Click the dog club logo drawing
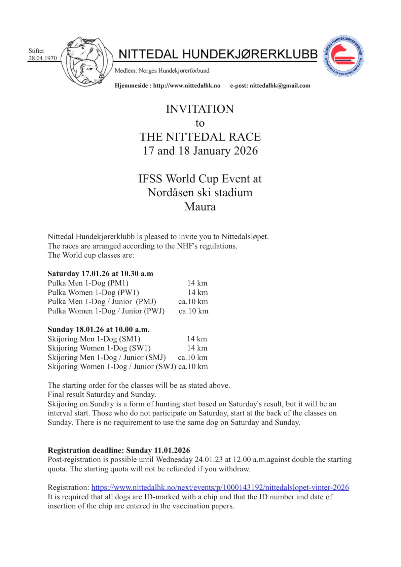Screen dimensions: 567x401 point(87,62)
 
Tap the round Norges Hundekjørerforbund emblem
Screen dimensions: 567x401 point(343,56)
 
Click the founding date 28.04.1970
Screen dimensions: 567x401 point(43,58)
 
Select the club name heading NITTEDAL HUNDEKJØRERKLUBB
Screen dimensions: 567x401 point(218,54)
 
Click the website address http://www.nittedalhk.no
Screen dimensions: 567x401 point(187,86)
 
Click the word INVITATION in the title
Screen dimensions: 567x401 point(200,109)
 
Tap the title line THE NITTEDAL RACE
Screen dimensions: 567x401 point(200,137)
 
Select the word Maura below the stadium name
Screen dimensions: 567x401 point(200,206)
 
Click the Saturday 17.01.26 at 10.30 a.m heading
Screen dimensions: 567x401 point(100,273)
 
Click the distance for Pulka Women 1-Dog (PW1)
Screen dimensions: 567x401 point(197,292)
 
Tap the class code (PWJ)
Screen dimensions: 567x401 point(154,311)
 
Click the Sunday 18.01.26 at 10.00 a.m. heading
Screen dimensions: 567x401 point(99,329)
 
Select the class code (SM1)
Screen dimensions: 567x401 point(130,339)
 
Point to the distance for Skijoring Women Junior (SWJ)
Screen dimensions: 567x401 point(193,366)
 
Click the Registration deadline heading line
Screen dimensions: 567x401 point(119,450)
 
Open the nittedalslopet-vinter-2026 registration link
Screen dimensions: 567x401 point(220,487)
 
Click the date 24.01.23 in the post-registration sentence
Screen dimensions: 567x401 point(209,460)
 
